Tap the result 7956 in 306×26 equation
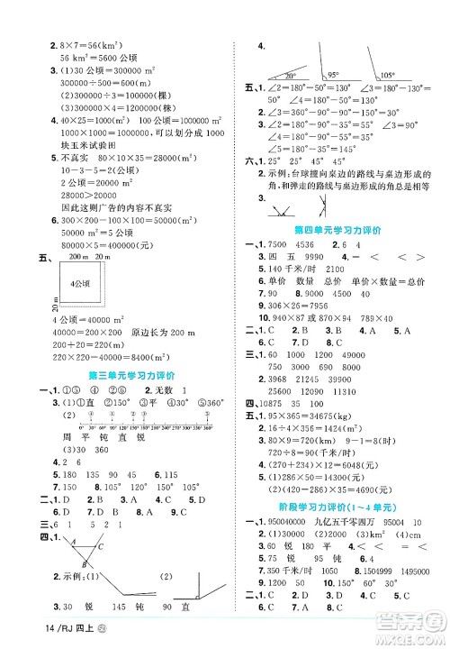point(319,304)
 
